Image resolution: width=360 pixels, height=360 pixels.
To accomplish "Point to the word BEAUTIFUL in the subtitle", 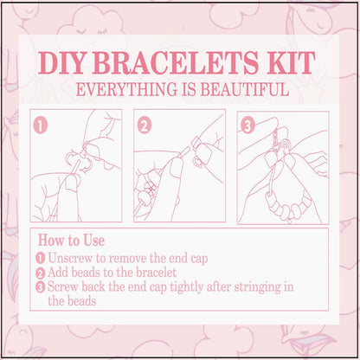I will [x=241, y=89].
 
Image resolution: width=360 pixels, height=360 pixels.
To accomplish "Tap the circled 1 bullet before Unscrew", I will [x=41, y=259].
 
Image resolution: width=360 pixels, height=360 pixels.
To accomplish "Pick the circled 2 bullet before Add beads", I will [x=41, y=273].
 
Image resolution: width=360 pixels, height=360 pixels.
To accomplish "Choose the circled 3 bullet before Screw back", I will [x=41, y=286].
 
